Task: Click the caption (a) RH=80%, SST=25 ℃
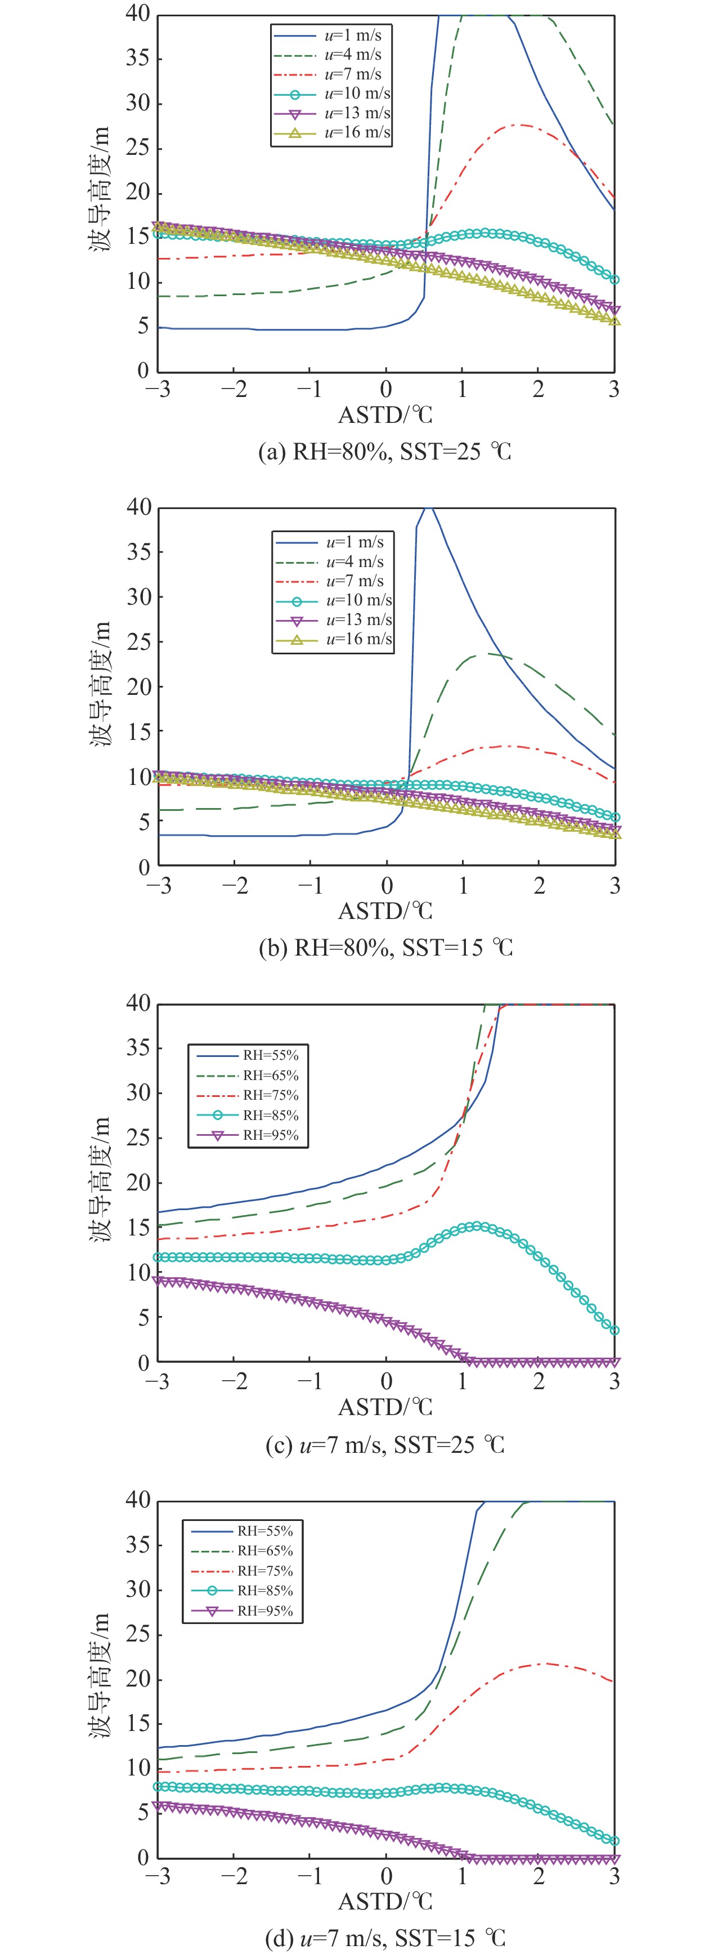384,452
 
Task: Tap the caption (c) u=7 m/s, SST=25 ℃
384,1444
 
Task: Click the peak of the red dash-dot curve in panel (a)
522,124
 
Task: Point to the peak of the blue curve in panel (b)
429,507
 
